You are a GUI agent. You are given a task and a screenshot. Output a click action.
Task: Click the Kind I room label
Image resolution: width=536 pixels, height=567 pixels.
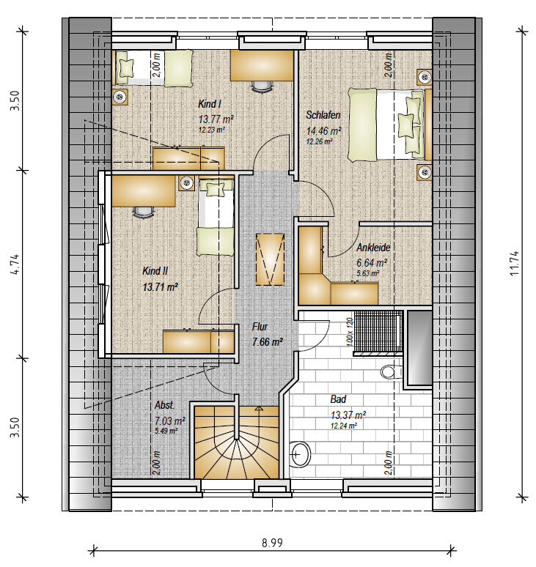(x=209, y=104)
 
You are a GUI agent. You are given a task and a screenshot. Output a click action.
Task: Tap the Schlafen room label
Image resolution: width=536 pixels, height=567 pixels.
(x=323, y=115)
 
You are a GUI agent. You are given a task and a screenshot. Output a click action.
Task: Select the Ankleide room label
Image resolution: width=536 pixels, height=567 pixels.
(x=373, y=248)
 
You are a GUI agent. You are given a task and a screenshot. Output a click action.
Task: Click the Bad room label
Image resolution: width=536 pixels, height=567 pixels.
(x=338, y=399)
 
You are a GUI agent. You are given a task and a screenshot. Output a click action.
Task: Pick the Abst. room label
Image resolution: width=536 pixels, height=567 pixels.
(x=165, y=405)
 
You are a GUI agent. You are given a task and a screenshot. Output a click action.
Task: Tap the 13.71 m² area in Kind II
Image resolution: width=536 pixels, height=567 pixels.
(x=161, y=287)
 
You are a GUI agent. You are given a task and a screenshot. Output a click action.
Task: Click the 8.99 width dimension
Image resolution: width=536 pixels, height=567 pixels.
(x=272, y=543)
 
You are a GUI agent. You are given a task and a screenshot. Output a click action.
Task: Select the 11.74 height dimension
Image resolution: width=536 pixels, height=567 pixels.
(x=514, y=263)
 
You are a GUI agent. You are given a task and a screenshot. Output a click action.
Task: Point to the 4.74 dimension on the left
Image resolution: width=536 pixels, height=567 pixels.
(x=15, y=264)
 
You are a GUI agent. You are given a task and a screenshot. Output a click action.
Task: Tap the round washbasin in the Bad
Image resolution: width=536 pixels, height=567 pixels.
(x=300, y=453)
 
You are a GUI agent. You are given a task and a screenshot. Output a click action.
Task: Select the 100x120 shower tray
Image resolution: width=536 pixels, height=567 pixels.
(x=378, y=331)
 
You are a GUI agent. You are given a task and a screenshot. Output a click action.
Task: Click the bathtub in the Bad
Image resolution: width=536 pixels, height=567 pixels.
(x=419, y=348)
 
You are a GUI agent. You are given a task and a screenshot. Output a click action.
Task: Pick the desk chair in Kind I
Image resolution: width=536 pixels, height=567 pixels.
(x=261, y=86)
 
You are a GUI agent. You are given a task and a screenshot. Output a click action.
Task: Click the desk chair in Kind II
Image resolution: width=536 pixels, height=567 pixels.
(x=143, y=212)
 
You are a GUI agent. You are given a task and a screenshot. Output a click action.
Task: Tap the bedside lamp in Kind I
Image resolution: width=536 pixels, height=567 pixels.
(x=120, y=97)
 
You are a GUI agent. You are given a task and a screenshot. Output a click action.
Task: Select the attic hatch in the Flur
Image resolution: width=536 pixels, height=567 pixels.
(x=270, y=259)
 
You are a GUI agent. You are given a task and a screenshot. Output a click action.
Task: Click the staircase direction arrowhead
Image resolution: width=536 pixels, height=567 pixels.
(x=259, y=409)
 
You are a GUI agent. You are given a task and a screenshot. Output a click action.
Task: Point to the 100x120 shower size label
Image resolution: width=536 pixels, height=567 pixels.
(x=350, y=332)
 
